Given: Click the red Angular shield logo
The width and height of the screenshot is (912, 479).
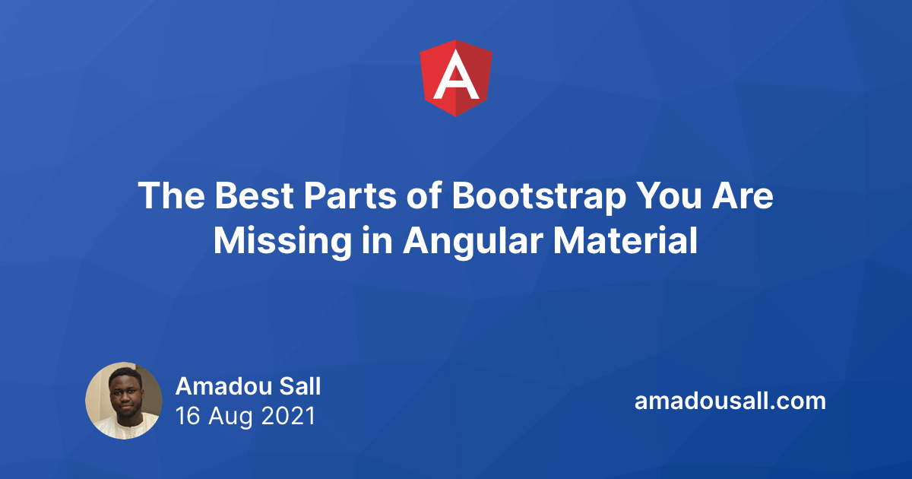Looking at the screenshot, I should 456,78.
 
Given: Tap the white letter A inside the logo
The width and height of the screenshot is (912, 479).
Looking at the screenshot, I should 456,76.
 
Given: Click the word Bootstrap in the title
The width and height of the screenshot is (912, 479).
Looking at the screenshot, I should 538,197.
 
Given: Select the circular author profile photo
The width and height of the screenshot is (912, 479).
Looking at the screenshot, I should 124,401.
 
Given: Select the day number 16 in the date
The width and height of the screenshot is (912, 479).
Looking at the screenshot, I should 187,416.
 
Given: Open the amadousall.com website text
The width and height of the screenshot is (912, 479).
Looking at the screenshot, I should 730,401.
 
